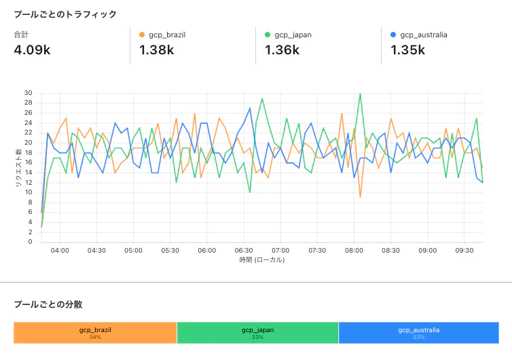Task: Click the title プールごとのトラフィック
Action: pos(65,14)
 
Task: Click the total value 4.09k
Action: pos(31,50)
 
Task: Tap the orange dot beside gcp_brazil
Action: pos(142,35)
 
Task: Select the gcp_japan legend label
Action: pos(293,35)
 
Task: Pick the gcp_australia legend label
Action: pos(424,35)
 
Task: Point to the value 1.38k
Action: pos(156,50)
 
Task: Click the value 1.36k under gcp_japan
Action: pos(282,50)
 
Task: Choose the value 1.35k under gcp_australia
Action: pos(408,50)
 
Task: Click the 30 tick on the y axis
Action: pos(28,93)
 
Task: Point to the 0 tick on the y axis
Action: pos(30,242)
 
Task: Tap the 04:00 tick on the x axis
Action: pos(60,250)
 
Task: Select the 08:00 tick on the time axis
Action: pos(354,250)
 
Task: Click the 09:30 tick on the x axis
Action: pos(464,250)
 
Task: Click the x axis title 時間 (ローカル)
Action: pos(261,260)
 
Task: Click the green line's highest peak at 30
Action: pos(360,94)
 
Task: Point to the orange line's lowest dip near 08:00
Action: pos(360,197)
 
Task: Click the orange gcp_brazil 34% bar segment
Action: pos(95,333)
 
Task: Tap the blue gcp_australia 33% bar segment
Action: pos(418,333)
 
